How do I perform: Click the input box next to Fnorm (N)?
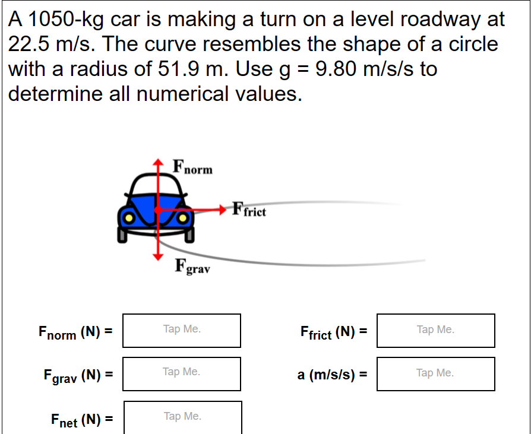click(182, 330)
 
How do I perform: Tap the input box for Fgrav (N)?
click(182, 373)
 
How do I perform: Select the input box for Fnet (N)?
click(183, 417)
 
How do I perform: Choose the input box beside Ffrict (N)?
click(435, 330)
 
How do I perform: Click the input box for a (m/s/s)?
click(435, 373)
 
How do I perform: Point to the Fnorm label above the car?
click(192, 167)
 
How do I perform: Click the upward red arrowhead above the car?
click(157, 162)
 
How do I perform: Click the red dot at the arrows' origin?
click(157, 210)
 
